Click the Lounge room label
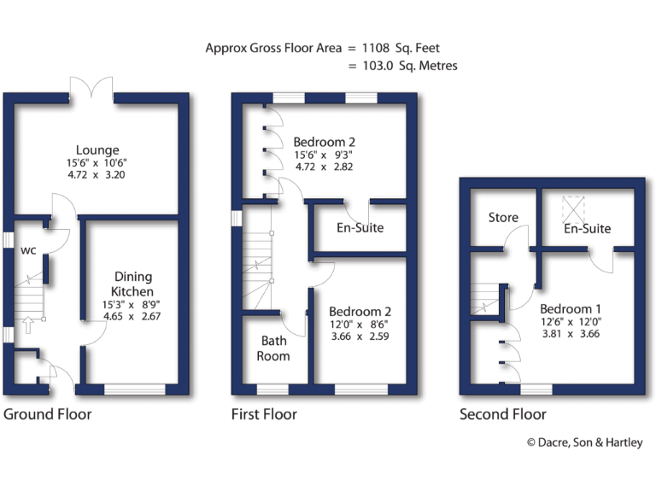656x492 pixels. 97,150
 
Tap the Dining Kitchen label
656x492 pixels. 132,284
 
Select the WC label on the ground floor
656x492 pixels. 27,251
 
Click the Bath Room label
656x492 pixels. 274,348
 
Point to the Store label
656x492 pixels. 503,218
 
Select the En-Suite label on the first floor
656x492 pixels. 360,228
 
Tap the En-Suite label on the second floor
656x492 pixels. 587,229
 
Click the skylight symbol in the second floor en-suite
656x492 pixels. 571,208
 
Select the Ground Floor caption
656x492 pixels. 47,415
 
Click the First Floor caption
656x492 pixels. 264,415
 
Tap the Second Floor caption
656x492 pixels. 502,415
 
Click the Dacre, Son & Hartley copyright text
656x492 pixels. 584,442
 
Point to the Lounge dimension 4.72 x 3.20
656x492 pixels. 97,174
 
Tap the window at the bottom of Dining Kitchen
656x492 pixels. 134,389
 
